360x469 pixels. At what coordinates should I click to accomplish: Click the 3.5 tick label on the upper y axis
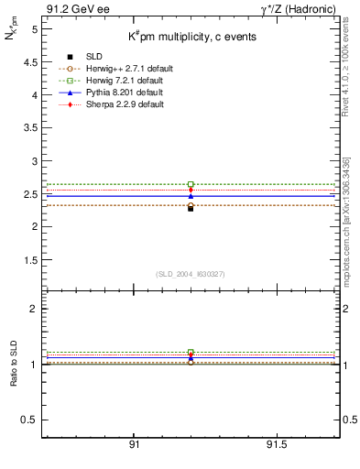pyautogui.click(x=33, y=128)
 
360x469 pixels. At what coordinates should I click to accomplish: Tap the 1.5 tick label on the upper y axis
pyautogui.click(x=33, y=259)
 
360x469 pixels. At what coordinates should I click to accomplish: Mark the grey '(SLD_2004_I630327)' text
pyautogui.click(x=190, y=274)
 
